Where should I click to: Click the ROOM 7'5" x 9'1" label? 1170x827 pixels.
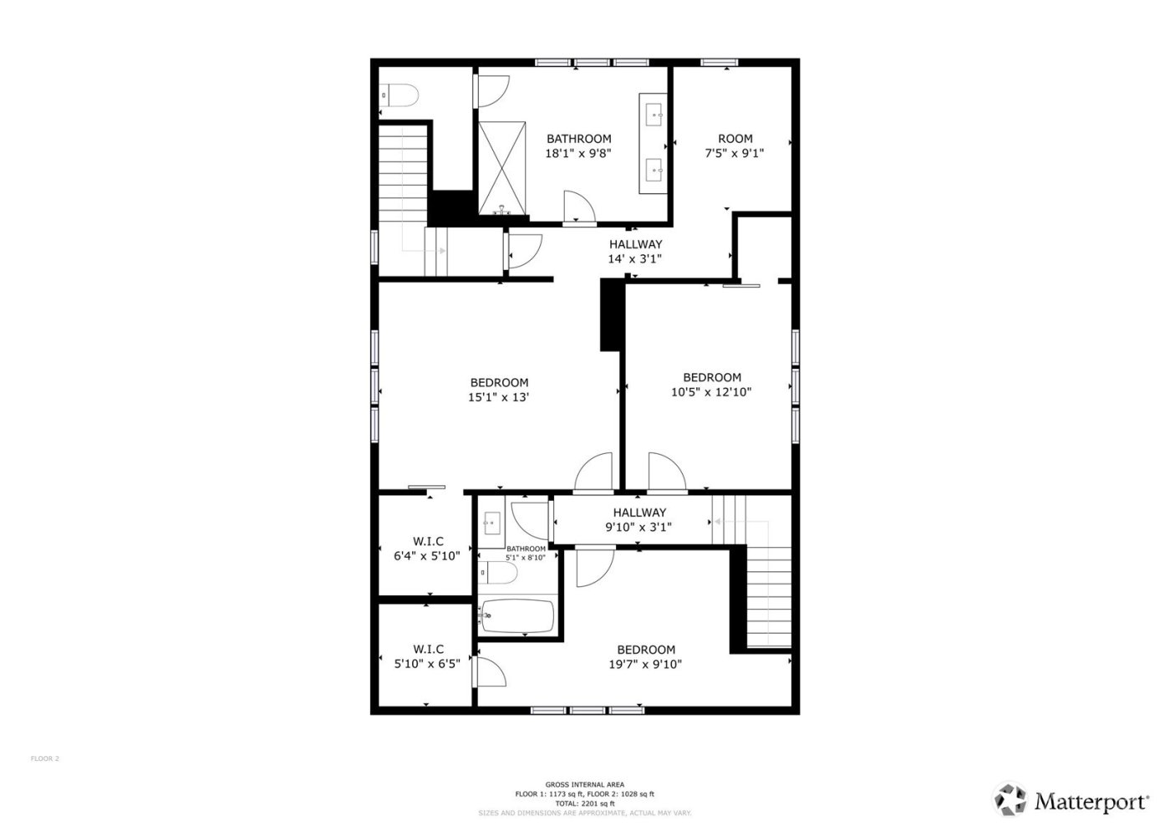click(x=735, y=145)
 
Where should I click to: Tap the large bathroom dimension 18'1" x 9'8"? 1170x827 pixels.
click(x=578, y=154)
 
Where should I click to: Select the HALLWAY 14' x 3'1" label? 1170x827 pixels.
click(x=635, y=252)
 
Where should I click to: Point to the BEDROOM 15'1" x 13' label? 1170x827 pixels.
click(x=499, y=391)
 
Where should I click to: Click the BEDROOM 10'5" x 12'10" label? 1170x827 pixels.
click(x=711, y=385)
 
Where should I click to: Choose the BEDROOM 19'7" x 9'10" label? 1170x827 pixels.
click(x=646, y=657)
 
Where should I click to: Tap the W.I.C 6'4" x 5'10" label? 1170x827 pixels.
click(x=427, y=549)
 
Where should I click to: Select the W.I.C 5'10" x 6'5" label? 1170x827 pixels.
click(x=427, y=656)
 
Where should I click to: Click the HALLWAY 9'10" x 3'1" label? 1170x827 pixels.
click(x=639, y=520)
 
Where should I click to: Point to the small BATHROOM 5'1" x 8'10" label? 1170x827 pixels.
click(x=525, y=554)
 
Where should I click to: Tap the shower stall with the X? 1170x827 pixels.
click(x=502, y=166)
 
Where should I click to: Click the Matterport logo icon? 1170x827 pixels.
click(x=1010, y=799)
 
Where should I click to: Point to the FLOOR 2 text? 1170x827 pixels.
click(x=45, y=759)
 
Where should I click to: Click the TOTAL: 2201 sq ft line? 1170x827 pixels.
click(x=584, y=804)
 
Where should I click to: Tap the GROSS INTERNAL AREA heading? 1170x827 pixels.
click(x=584, y=784)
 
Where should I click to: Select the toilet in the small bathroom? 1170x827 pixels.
click(x=499, y=573)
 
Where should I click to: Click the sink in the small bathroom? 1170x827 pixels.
click(x=491, y=523)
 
